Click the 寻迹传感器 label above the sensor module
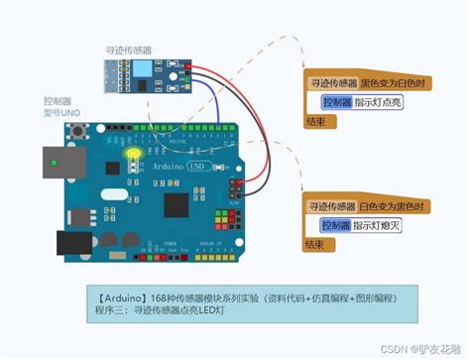[129, 49]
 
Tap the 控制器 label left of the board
[58, 101]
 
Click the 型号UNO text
[60, 113]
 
